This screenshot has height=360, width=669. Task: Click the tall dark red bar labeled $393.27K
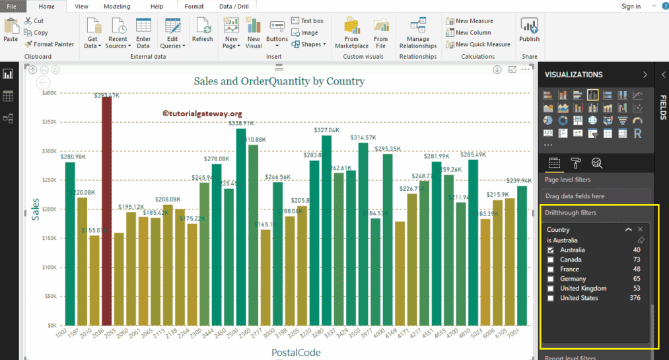(x=106, y=211)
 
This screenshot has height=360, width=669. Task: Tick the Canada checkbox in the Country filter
(x=551, y=260)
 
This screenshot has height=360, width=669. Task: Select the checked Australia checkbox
(x=551, y=250)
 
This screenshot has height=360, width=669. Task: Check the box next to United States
(x=551, y=298)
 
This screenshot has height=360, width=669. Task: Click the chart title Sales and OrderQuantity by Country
(x=279, y=81)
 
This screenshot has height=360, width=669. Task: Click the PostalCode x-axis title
(x=296, y=353)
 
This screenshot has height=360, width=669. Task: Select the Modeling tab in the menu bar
(x=117, y=6)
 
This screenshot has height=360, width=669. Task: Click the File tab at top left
(x=12, y=6)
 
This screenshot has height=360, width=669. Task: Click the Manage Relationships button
(x=417, y=34)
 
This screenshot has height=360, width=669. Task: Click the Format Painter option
(x=50, y=44)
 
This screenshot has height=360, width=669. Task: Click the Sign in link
(x=631, y=6)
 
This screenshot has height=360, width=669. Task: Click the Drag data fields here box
(x=596, y=196)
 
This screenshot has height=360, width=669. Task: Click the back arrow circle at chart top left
(x=43, y=83)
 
